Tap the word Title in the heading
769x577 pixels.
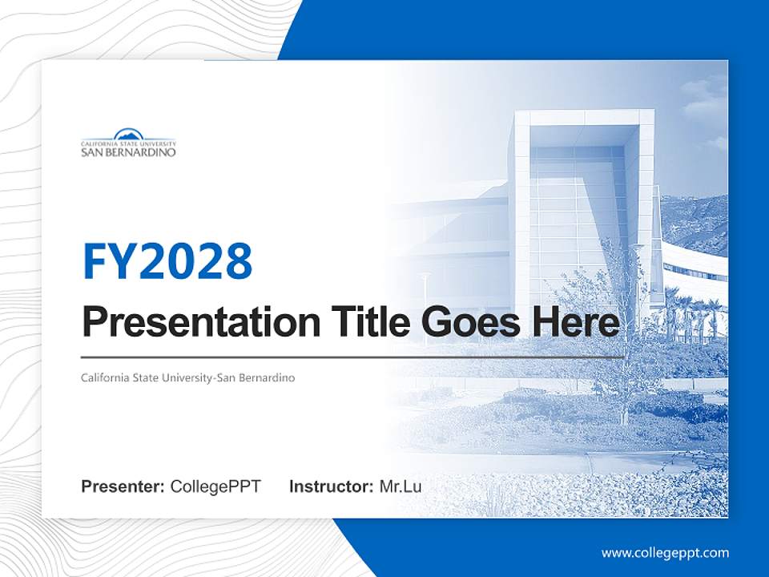point(368,322)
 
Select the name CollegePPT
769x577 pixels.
point(215,486)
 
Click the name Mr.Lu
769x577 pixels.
point(401,486)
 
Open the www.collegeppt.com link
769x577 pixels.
point(665,552)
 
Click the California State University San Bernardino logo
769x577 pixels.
point(128,143)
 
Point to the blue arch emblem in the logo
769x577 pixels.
point(128,134)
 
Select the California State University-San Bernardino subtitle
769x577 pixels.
point(188,377)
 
